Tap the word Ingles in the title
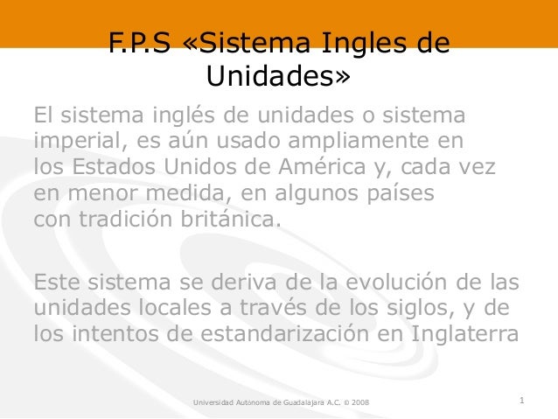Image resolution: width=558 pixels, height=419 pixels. tap(360, 44)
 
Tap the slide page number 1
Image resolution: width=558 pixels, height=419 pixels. tap(521, 402)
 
